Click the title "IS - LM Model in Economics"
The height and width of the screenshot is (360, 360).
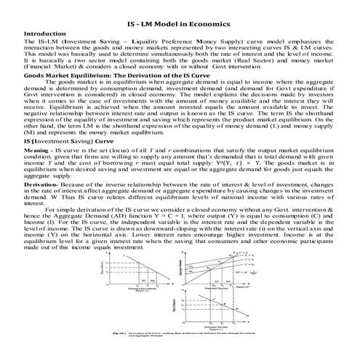coord(180,25)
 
